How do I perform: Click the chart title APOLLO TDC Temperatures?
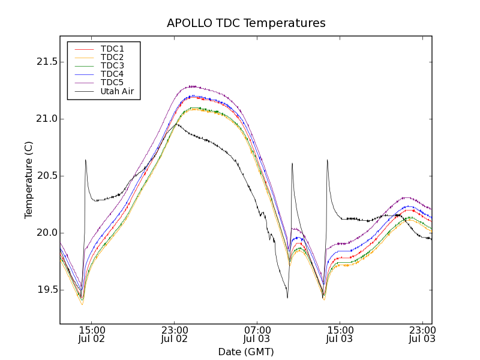[246, 23]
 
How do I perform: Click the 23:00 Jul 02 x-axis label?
[174, 334]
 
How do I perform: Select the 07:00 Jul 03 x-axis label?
[257, 334]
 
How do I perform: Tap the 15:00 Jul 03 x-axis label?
[340, 334]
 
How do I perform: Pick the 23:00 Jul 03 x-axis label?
[422, 334]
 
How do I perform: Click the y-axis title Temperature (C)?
[29, 180]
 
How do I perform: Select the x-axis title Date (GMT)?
[246, 352]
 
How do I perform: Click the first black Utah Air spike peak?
[86, 160]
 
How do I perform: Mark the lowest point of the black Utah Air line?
[287, 298]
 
